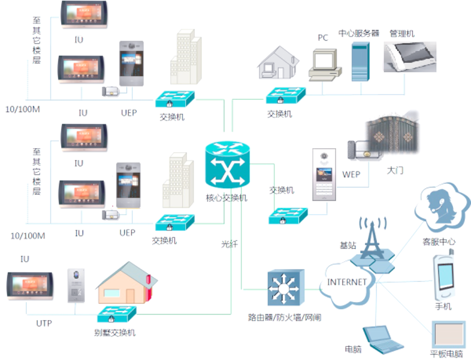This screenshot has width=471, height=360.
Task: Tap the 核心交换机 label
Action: coord(227,198)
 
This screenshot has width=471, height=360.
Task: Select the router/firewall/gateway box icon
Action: coord(286,288)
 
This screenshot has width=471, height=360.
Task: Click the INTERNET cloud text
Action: coord(347,282)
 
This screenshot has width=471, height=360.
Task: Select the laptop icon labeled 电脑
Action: coord(383,340)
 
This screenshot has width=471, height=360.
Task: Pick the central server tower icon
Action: coord(361,62)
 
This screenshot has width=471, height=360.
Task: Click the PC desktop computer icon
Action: coord(324,65)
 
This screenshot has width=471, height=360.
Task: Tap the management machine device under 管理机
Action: coord(410,57)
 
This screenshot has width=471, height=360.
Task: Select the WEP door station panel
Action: coord(324,174)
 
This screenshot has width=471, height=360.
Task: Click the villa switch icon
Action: coord(117,314)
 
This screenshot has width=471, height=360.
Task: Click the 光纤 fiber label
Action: coord(229,244)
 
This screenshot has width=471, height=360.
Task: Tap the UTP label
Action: coord(44,323)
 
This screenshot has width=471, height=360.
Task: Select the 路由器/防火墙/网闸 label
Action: coord(285,318)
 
